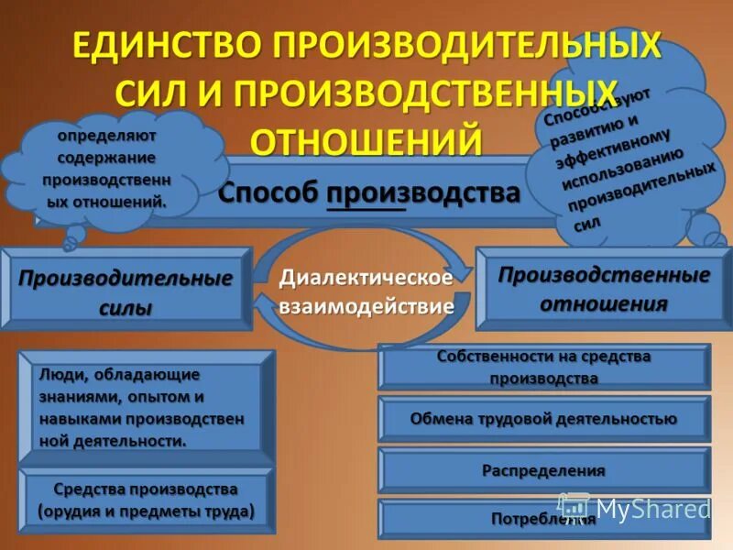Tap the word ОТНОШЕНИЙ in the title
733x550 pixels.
point(366,140)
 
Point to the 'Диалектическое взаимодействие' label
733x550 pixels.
point(366,291)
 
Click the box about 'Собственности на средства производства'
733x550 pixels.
point(543,367)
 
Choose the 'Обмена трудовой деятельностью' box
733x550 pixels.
point(543,419)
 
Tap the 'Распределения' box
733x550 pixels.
point(543,470)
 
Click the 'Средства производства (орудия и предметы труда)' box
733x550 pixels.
point(146,500)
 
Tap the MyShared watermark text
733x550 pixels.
point(652,508)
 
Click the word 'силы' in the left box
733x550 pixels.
point(126,309)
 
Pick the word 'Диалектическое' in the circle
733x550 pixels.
point(366,278)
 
